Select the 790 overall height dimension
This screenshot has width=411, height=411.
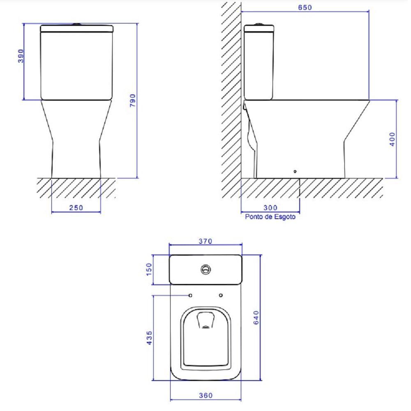click(133, 100)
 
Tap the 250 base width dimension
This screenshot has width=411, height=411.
click(76, 208)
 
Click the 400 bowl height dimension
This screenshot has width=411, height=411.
click(392, 139)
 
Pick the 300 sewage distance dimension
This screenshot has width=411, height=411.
click(270, 208)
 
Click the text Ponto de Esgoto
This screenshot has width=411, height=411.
click(270, 217)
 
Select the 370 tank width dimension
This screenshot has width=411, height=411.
click(205, 241)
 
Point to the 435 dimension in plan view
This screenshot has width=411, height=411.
click(149, 338)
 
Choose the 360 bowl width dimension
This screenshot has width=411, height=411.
click(205, 395)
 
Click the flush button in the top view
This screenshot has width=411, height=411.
click(206, 270)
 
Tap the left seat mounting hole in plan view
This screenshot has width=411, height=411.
click(191, 296)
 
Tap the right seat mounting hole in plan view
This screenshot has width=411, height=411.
click(221, 296)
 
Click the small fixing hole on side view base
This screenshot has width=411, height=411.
click(295, 172)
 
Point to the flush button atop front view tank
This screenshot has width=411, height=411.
click(77, 24)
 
